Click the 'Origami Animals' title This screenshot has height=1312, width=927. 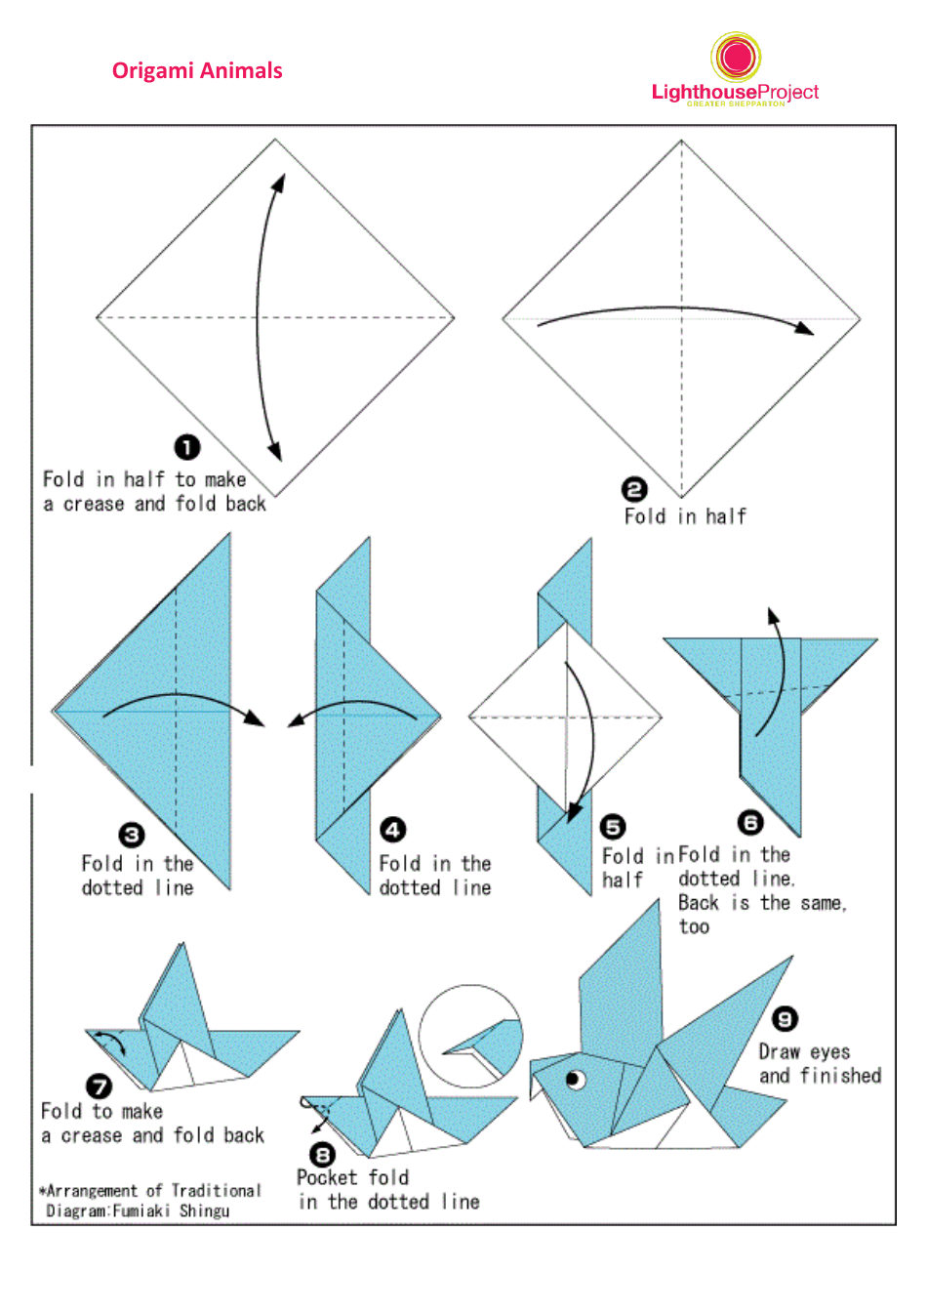197,71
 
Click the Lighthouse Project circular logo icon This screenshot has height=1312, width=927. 737,57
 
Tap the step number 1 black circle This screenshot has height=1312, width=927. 187,447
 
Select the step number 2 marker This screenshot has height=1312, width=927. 634,489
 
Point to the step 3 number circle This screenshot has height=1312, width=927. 132,835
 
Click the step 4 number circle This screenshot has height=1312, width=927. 392,830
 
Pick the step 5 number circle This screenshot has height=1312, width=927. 613,828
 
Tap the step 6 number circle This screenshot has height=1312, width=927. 749,822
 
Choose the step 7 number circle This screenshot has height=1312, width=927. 100,1086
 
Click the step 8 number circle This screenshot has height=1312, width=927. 322,1154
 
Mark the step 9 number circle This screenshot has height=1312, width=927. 785,1019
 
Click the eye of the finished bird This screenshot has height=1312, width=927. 575,1079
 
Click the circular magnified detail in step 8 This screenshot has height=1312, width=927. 470,1037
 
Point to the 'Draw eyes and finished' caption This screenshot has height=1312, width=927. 820,1064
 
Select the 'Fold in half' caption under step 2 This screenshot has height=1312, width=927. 685,516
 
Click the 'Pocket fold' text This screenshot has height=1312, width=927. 353,1177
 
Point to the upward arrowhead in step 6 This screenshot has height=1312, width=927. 773,616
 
